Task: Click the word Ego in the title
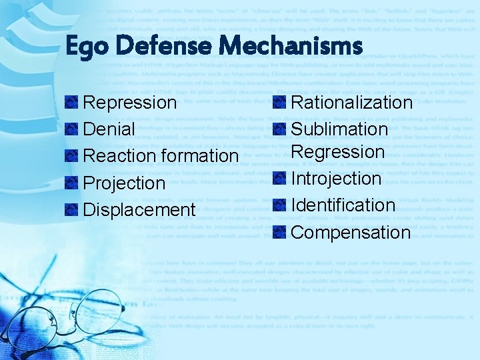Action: (85, 47)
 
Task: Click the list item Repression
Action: (130, 103)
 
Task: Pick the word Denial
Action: (109, 129)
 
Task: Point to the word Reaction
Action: (121, 156)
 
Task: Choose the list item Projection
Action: (124, 183)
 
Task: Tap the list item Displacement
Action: (139, 209)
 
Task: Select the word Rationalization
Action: (352, 103)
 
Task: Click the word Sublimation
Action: (339, 129)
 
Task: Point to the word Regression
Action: (338, 152)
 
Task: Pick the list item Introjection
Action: (336, 179)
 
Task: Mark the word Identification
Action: (343, 205)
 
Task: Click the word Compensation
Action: (351, 233)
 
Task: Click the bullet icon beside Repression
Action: (71, 103)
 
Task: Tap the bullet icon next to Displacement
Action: (71, 209)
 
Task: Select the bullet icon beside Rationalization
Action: (280, 103)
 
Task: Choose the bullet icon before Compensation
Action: (280, 233)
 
